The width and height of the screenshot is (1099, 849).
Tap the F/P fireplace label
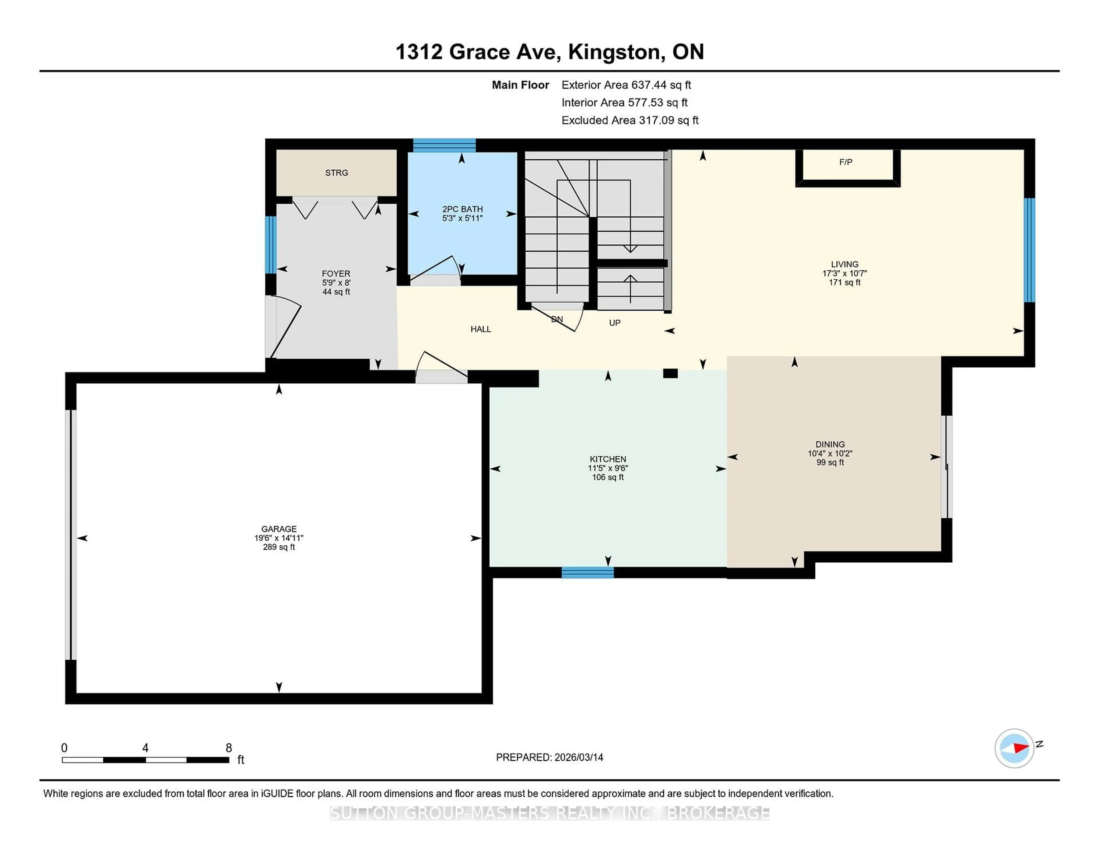coord(845,162)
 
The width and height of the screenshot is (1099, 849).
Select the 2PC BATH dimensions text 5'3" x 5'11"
coord(462,218)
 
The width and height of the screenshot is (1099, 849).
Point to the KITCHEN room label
coord(607,459)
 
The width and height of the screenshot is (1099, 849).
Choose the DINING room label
coord(830,445)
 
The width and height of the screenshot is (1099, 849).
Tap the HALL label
coord(481,329)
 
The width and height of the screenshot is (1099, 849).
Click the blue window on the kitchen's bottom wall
coord(587,572)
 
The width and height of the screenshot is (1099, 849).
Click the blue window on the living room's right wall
coord(1029,250)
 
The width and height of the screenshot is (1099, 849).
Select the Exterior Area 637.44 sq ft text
coord(626,85)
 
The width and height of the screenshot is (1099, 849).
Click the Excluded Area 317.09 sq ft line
coord(630,120)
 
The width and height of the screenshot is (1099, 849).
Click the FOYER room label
coord(336,274)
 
